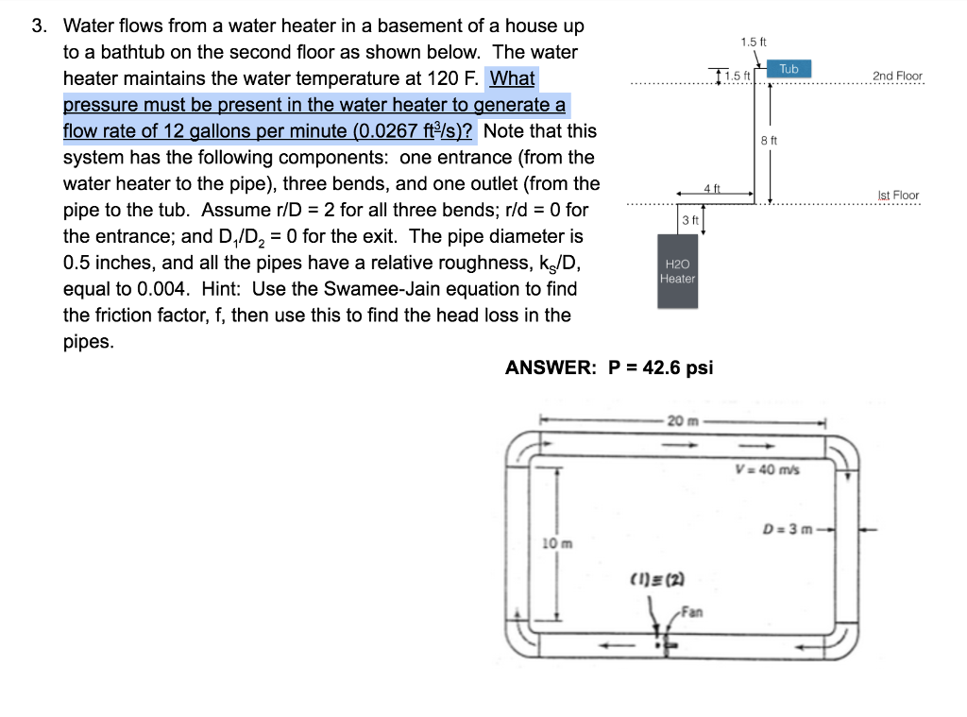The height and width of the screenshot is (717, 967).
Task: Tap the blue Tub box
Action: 789,69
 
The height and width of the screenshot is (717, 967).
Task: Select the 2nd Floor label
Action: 897,76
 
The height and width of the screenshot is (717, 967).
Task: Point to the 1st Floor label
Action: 898,196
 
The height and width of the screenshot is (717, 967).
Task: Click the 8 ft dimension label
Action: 769,140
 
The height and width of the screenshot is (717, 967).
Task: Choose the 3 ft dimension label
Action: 689,220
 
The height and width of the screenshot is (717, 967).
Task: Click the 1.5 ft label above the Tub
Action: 754,42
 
